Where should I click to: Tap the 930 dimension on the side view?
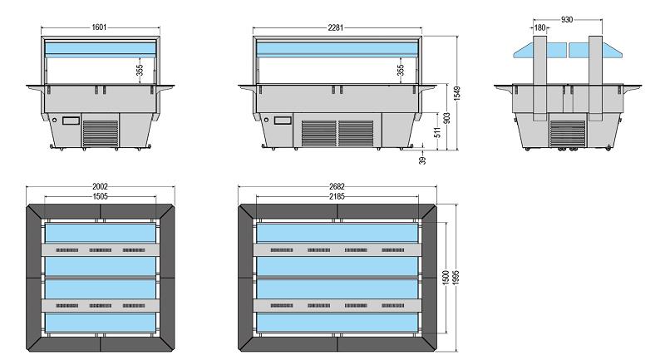(x=566, y=17)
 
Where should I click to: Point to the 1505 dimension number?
(x=100, y=196)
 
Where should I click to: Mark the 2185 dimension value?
(x=339, y=196)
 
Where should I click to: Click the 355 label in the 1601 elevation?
(x=140, y=71)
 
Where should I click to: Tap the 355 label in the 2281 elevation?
(x=401, y=71)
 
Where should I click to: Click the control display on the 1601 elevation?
(x=70, y=121)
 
